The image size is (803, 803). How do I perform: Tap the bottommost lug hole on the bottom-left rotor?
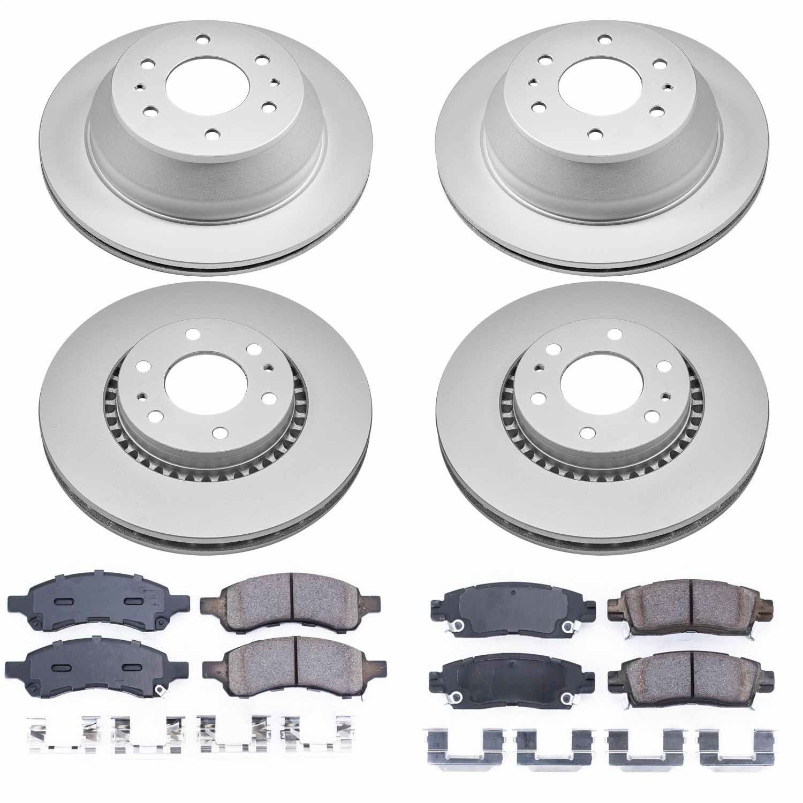point(218,431)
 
